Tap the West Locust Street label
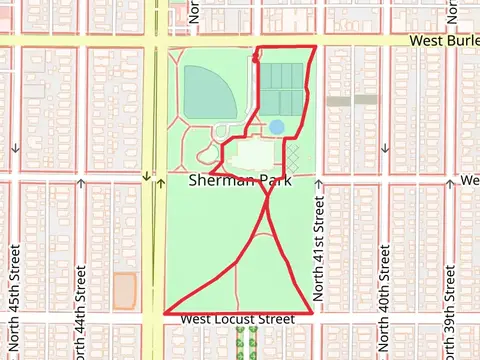click(238, 319)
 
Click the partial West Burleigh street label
click(447, 42)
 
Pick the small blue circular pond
click(275, 127)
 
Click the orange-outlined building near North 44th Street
click(124, 290)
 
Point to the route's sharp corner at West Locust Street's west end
click(164, 312)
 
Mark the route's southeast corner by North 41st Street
click(311, 312)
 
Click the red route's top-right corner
click(316, 47)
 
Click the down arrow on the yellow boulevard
click(146, 177)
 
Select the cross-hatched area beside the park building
click(294, 156)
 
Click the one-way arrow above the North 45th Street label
click(16, 149)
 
